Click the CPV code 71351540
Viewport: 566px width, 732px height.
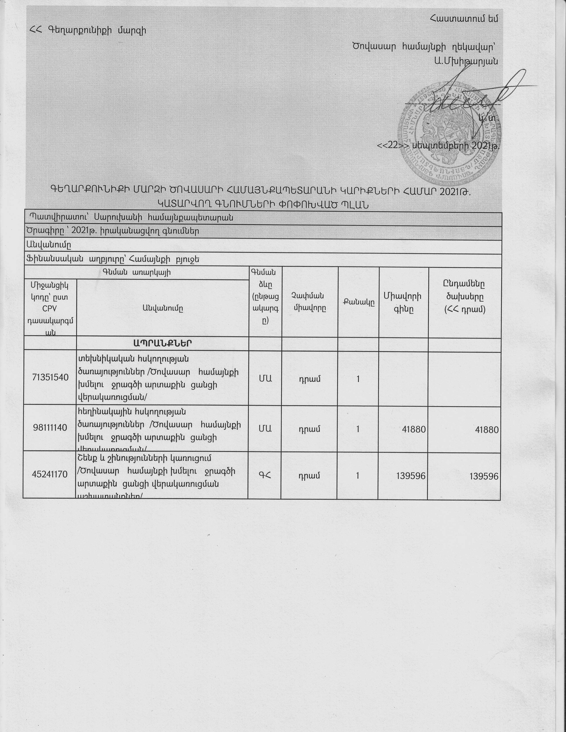50,377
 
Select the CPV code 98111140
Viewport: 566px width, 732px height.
50,428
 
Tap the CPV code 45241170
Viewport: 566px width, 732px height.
50,474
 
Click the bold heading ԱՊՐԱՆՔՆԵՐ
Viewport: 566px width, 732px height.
162,343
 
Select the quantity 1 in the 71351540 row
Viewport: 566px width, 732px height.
358,379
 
